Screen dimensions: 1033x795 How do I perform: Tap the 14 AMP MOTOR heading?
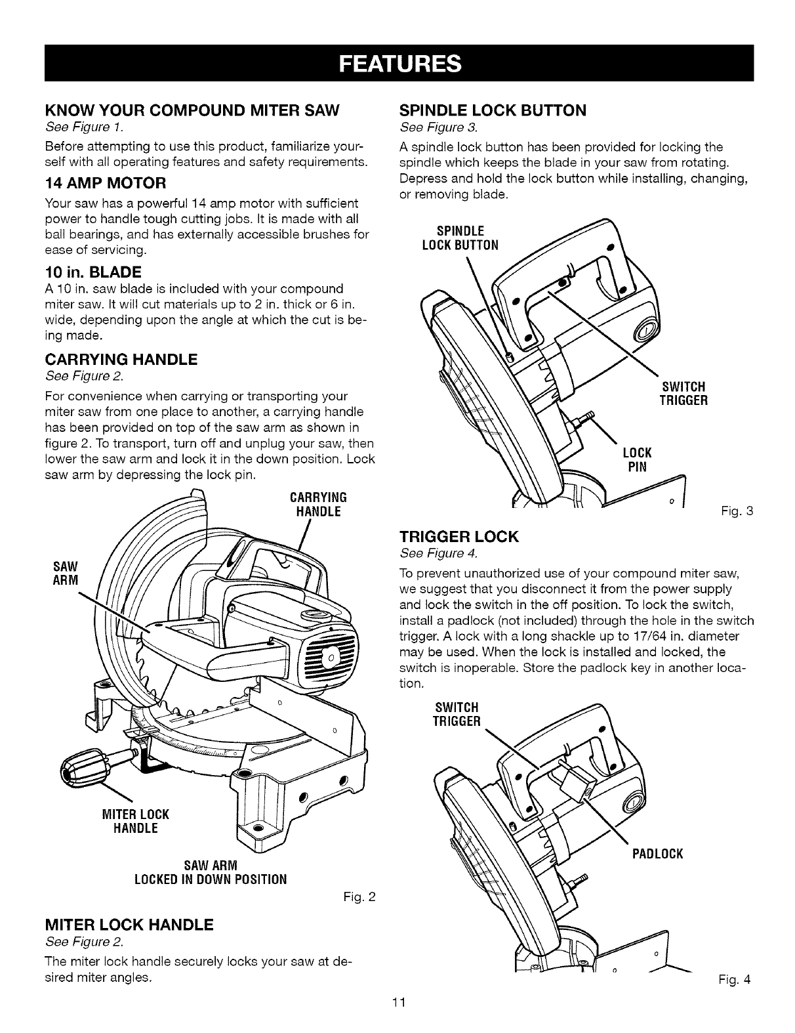point(105,182)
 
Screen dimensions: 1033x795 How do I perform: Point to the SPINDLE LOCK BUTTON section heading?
point(493,110)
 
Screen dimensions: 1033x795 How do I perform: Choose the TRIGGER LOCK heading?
point(459,538)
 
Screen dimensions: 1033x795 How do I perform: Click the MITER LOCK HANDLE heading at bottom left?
point(129,925)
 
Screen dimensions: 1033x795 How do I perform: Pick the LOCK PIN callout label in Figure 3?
point(636,460)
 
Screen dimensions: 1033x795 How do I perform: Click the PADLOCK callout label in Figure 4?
point(657,854)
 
